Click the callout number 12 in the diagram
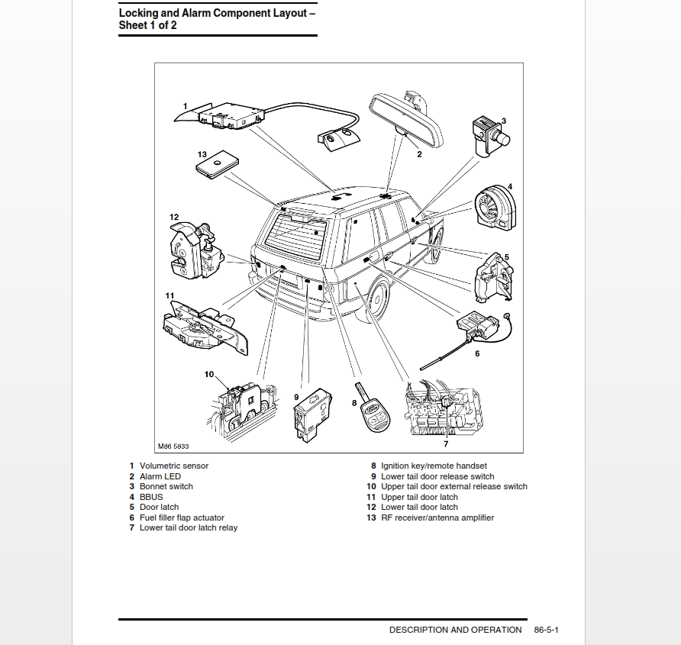174,218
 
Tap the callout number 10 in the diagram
209,374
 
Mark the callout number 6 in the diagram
477,353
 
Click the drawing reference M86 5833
173,446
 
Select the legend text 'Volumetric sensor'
174,466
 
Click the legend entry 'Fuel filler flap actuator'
182,518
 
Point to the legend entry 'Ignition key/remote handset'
434,466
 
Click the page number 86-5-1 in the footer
547,630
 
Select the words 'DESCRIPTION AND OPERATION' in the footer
455,630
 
